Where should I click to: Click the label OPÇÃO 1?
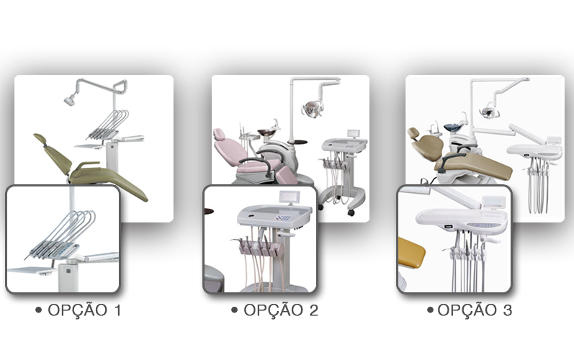(x=84, y=310)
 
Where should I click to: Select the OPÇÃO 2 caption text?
(x=281, y=310)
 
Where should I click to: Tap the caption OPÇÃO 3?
(x=475, y=310)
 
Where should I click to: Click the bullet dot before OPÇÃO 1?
(x=38, y=310)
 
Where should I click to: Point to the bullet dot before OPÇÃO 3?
(x=430, y=310)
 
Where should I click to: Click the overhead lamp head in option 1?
(x=70, y=100)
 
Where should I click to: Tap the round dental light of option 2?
(x=313, y=108)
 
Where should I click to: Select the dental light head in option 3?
(x=488, y=112)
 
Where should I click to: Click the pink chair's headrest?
(x=219, y=134)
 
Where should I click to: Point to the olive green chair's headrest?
(x=40, y=139)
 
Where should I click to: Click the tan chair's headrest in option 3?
(x=413, y=132)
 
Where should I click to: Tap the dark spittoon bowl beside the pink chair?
(x=267, y=132)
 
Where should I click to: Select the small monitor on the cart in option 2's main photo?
(x=354, y=133)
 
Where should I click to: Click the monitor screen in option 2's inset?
(x=290, y=197)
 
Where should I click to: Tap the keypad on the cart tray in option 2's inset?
(x=283, y=218)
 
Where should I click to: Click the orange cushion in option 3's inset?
(x=411, y=253)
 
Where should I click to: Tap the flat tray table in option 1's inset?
(x=33, y=271)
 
